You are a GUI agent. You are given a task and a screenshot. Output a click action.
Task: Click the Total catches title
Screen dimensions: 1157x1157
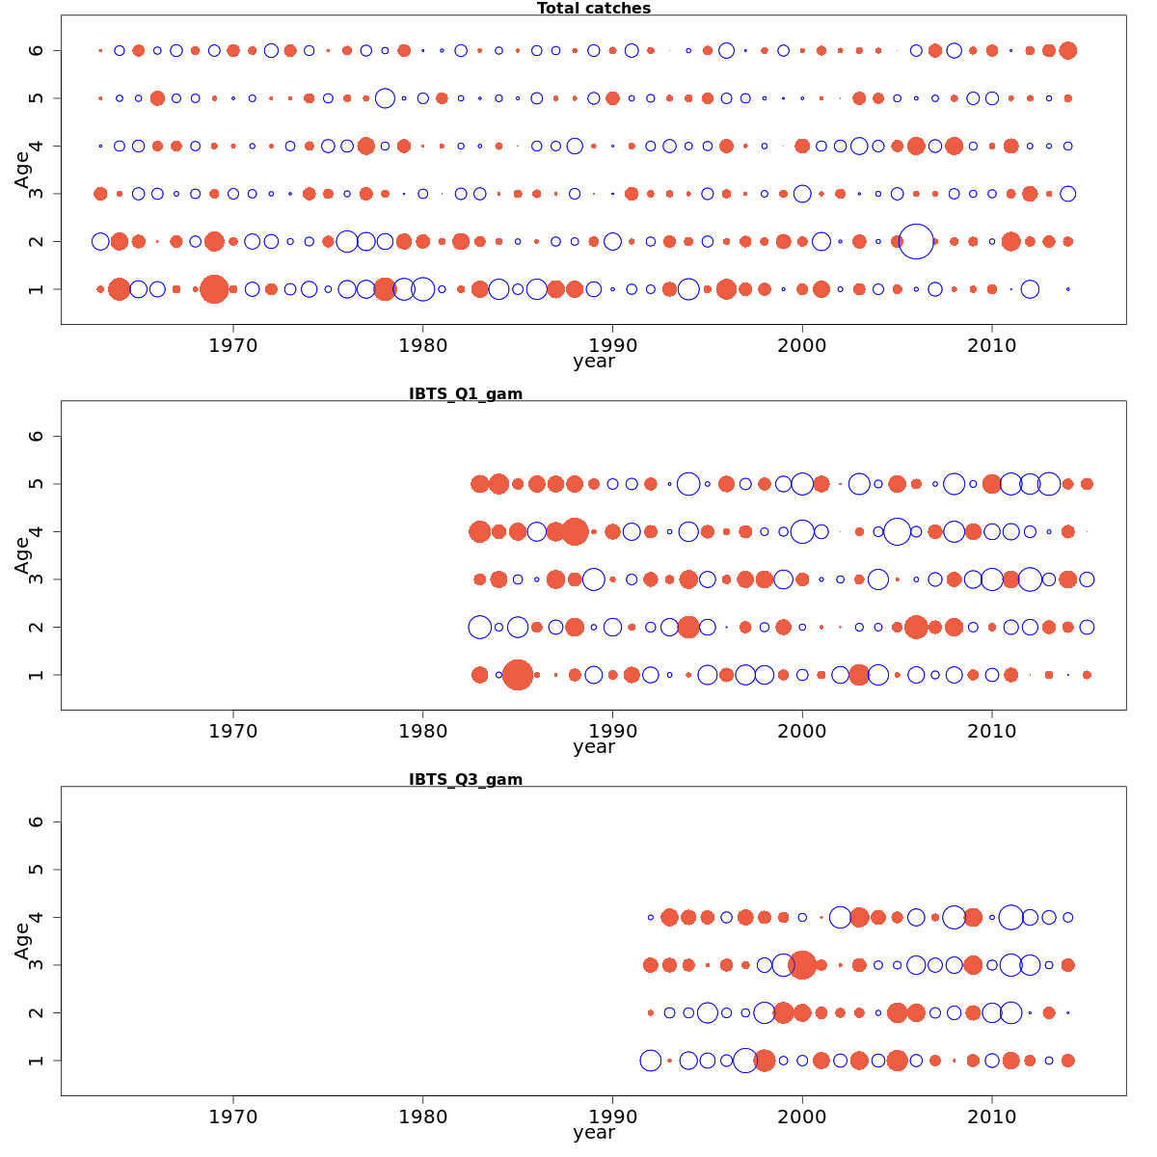pyautogui.click(x=593, y=9)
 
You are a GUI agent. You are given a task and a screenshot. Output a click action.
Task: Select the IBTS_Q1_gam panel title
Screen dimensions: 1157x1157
pyautogui.click(x=466, y=393)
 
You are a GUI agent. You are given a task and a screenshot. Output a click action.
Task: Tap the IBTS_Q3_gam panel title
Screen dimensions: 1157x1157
pyautogui.click(x=466, y=779)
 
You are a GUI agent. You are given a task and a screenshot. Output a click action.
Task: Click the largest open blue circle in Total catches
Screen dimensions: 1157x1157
pyautogui.click(x=916, y=241)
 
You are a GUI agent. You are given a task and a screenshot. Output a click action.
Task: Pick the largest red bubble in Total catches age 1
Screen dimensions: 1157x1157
pyautogui.click(x=214, y=289)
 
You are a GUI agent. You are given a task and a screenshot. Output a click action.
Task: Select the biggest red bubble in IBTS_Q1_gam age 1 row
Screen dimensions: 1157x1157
pyautogui.click(x=518, y=675)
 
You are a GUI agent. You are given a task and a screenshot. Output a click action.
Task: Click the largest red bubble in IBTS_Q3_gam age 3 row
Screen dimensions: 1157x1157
pyautogui.click(x=802, y=964)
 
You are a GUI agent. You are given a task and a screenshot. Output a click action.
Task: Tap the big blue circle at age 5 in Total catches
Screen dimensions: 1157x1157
pyautogui.click(x=385, y=98)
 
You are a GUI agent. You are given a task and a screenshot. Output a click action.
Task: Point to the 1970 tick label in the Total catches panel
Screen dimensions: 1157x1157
pyautogui.click(x=233, y=346)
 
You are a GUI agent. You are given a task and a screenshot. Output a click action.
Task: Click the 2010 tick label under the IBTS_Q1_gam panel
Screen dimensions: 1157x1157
pyautogui.click(x=992, y=732)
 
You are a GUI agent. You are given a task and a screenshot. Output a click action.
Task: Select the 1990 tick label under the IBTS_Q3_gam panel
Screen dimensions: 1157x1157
pyautogui.click(x=612, y=1117)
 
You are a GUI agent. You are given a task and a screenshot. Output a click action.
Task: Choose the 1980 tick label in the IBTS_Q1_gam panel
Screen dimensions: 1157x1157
pyautogui.click(x=422, y=732)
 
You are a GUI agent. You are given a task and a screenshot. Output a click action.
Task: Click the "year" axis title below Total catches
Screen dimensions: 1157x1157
pyautogui.click(x=593, y=362)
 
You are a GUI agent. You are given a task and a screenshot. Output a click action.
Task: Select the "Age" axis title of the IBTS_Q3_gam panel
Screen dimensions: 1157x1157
pyautogui.click(x=22, y=940)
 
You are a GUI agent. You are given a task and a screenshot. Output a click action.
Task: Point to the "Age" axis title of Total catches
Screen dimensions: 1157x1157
pyautogui.click(x=22, y=169)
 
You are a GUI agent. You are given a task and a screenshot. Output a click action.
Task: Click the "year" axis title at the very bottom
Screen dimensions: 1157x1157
pyautogui.click(x=593, y=1133)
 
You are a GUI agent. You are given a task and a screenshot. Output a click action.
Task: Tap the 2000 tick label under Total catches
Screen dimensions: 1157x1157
pyautogui.click(x=802, y=346)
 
